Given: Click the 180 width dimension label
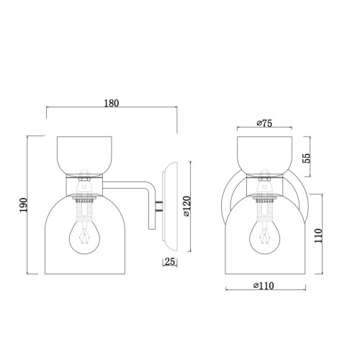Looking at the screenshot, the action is (112, 103).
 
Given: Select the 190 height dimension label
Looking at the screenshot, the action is (24, 204).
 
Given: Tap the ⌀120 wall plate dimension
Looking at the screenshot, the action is (186, 207).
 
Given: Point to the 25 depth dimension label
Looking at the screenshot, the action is (170, 261).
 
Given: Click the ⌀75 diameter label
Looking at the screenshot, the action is (264, 123).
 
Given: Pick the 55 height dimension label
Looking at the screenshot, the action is (307, 158).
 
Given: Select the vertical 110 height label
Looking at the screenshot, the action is (318, 235).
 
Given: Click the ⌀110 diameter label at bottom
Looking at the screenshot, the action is (264, 286).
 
